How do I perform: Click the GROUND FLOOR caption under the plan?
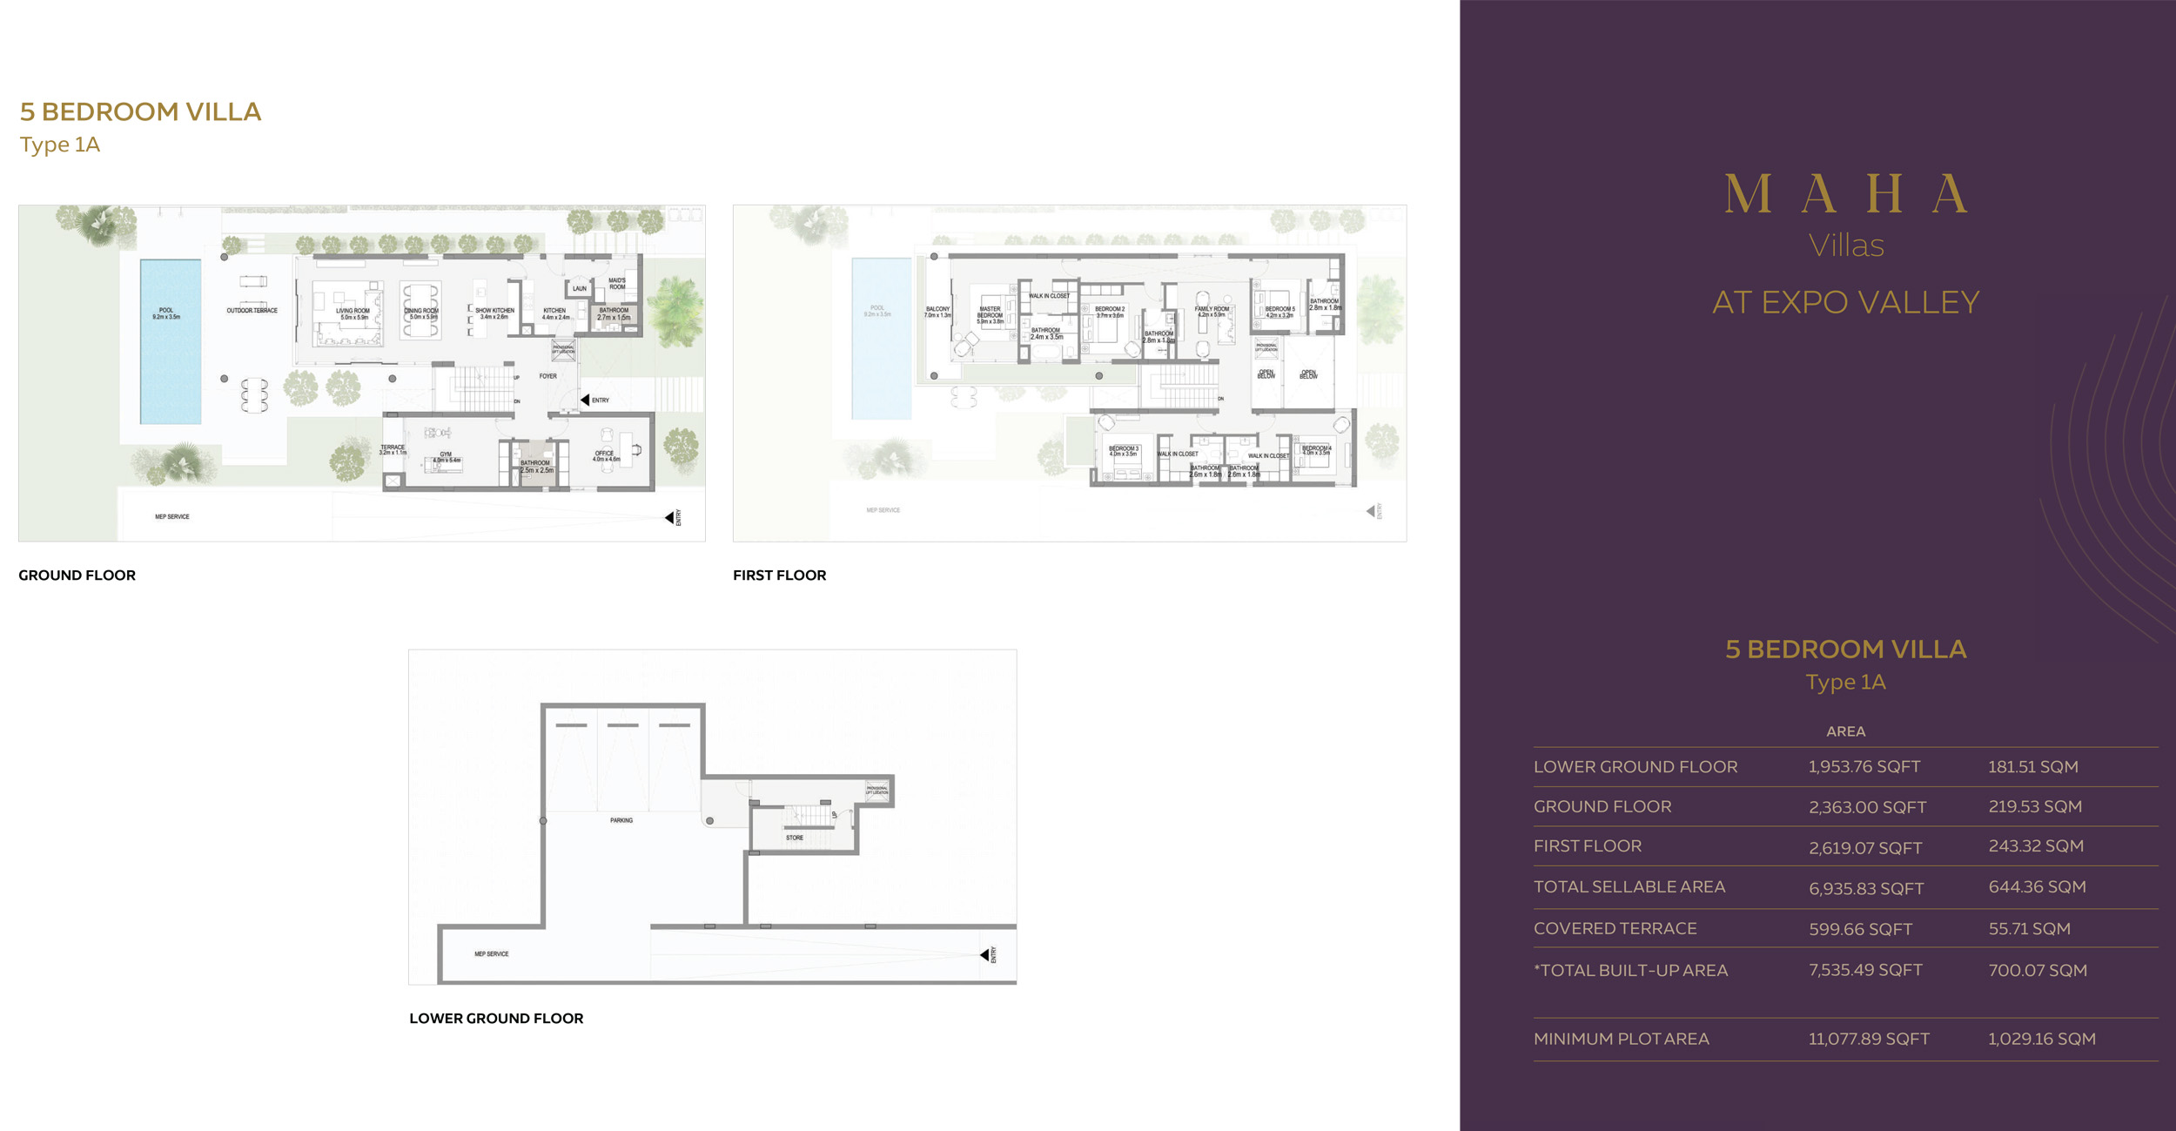(x=77, y=576)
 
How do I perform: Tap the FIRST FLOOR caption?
(x=779, y=576)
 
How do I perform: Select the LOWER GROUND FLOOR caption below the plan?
(x=496, y=1018)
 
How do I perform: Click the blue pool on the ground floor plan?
(x=171, y=341)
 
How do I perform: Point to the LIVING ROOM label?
(x=353, y=312)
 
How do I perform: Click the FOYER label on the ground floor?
(x=547, y=376)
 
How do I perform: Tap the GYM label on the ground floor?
(x=446, y=454)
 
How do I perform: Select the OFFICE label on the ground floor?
(x=605, y=454)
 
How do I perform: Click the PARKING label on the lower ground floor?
(x=621, y=820)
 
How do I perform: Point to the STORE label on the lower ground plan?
(x=795, y=838)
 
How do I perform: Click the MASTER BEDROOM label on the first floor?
(x=990, y=313)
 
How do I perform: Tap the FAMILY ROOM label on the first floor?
(x=1212, y=310)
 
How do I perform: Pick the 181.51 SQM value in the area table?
(x=2032, y=767)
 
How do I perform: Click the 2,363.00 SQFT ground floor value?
(x=1867, y=807)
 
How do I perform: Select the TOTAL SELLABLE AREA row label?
(x=1629, y=886)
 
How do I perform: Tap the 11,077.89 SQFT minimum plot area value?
(x=1869, y=1039)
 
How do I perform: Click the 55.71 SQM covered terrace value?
(x=2029, y=929)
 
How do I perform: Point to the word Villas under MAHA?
(x=1845, y=246)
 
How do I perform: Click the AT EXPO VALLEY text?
(x=1845, y=302)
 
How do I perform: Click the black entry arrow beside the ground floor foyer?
(x=585, y=400)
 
